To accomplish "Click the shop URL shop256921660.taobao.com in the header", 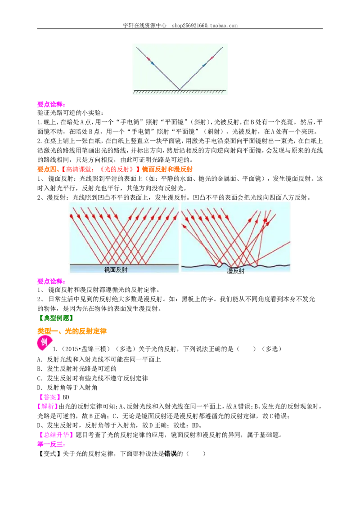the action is coord(205,25).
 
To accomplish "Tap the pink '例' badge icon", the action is coord(44,343).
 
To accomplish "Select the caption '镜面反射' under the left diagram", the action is coord(116,269).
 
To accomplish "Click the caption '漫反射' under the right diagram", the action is coord(235,271).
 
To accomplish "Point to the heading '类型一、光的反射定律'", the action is coord(72,331).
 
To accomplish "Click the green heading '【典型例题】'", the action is coord(55,318).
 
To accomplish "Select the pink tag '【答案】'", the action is coord(49,397).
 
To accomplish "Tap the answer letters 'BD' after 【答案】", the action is coord(66,397).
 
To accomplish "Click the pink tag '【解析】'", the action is coord(47,406).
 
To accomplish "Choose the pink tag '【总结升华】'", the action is coord(56,435).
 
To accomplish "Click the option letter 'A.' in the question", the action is coord(40,359).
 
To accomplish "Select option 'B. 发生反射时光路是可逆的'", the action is coord(76,369).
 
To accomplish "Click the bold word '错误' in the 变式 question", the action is coord(171,454).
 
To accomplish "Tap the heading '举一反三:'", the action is coord(51,444).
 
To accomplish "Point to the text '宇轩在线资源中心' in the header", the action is coord(144,25).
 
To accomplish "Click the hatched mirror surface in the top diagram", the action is coord(180,92).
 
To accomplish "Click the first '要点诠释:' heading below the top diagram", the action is coord(51,104).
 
